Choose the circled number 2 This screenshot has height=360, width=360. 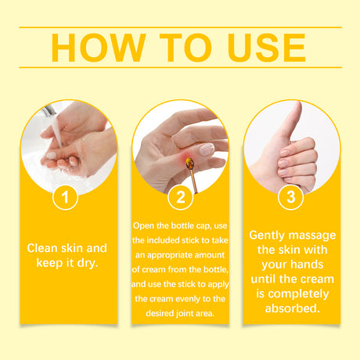(x=180, y=198)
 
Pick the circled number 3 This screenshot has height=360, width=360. (x=291, y=198)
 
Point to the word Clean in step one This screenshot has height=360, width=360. (x=43, y=248)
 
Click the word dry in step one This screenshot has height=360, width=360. (x=88, y=263)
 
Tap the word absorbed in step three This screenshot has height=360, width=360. (x=292, y=309)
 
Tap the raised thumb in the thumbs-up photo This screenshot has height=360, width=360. (x=291, y=117)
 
